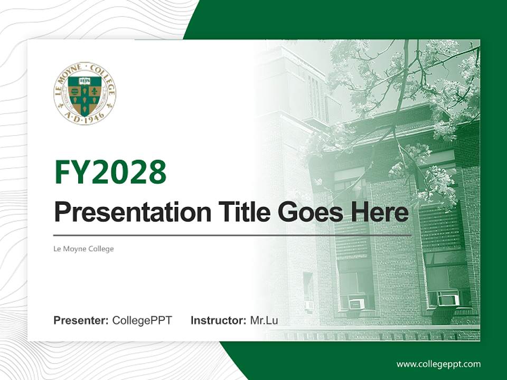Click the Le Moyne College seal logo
pos(84,93)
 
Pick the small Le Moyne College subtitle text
pos(83,249)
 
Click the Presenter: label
pos(81,320)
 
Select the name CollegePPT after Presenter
pos(142,320)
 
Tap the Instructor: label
pos(218,320)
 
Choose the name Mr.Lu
pos(264,320)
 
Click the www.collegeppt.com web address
pos(438,364)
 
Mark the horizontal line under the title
pos(232,235)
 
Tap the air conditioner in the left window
pos(356,304)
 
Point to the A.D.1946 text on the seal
pos(84,117)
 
